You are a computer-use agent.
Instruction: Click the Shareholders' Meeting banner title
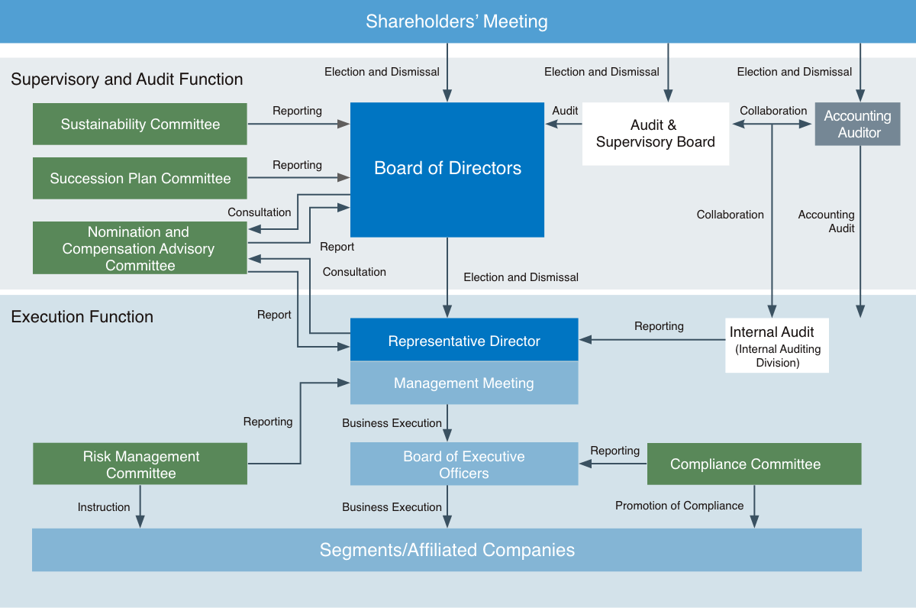[x=456, y=21]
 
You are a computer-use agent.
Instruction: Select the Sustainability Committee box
[x=140, y=124]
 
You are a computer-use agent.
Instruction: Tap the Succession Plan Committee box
[x=140, y=178]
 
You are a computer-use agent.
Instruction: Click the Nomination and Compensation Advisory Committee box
[x=140, y=248]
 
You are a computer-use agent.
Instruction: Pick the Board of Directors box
[x=447, y=169]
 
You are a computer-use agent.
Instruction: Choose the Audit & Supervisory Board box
[x=655, y=134]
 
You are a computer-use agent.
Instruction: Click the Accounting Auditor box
[x=858, y=124]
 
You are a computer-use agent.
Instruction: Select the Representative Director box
[x=464, y=341]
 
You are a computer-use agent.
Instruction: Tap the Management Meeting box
[x=464, y=383]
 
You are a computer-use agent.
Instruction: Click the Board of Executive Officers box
[x=464, y=464]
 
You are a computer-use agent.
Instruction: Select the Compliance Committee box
[x=754, y=464]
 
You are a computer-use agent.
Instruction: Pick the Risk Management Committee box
[x=140, y=464]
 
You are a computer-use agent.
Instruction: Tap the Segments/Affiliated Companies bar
[x=447, y=550]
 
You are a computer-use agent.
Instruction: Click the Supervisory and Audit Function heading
[x=127, y=79]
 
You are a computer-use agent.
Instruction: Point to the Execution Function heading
[x=82, y=317]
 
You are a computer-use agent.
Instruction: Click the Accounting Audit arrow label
[x=826, y=222]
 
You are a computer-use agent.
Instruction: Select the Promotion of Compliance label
[x=679, y=506]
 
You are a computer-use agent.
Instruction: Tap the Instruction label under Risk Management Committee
[x=104, y=507]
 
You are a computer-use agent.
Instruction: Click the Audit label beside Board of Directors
[x=565, y=111]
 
